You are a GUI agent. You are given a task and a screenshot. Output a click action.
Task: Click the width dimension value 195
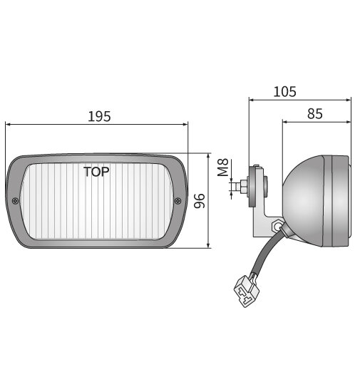pyautogui.click(x=98, y=116)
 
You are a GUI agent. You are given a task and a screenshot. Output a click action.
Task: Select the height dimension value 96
pyautogui.click(x=200, y=202)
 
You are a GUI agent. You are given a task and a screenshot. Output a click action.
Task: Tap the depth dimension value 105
pyautogui.click(x=284, y=92)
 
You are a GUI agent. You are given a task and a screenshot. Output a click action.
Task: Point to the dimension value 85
pyautogui.click(x=314, y=113)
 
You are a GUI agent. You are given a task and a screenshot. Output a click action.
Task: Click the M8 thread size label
pyautogui.click(x=223, y=167)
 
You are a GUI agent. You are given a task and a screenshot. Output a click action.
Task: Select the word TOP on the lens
pyautogui.click(x=96, y=172)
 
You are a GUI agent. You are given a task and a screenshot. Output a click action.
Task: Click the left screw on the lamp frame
pyautogui.click(x=16, y=200)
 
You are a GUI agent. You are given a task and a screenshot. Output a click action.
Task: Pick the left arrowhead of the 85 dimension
pyautogui.click(x=285, y=121)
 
